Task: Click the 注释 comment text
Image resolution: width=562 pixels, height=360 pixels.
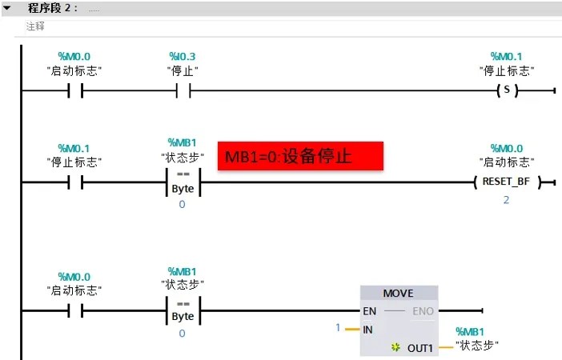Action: coord(34,26)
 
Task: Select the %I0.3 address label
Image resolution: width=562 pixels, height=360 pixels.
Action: coord(182,56)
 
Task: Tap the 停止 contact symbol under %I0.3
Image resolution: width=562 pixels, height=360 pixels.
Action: coord(183,90)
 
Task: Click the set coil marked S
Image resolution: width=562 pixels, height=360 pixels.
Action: coord(507,90)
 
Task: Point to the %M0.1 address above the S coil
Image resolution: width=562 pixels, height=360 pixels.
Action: coord(506,56)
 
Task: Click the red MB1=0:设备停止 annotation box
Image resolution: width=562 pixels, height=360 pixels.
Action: coord(300,156)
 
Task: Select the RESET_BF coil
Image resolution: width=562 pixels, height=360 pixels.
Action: coord(506,182)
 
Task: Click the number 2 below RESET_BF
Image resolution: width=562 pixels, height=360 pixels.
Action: coord(506,199)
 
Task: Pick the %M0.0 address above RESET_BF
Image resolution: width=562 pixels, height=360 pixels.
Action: coord(506,148)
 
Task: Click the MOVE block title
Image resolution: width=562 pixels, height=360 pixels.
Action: coord(398,294)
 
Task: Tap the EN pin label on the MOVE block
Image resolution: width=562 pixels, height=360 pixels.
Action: coord(369,311)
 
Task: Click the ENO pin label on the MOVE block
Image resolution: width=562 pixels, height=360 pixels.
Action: coord(424,311)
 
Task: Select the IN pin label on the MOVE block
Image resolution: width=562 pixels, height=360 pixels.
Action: coord(368,329)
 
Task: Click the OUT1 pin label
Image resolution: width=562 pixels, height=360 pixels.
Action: coord(419,348)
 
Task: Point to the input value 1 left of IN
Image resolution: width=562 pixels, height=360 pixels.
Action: coord(338,328)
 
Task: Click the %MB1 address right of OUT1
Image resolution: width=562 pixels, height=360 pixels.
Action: coord(470,331)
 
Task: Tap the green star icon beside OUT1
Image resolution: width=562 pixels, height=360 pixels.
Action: coord(395,348)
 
